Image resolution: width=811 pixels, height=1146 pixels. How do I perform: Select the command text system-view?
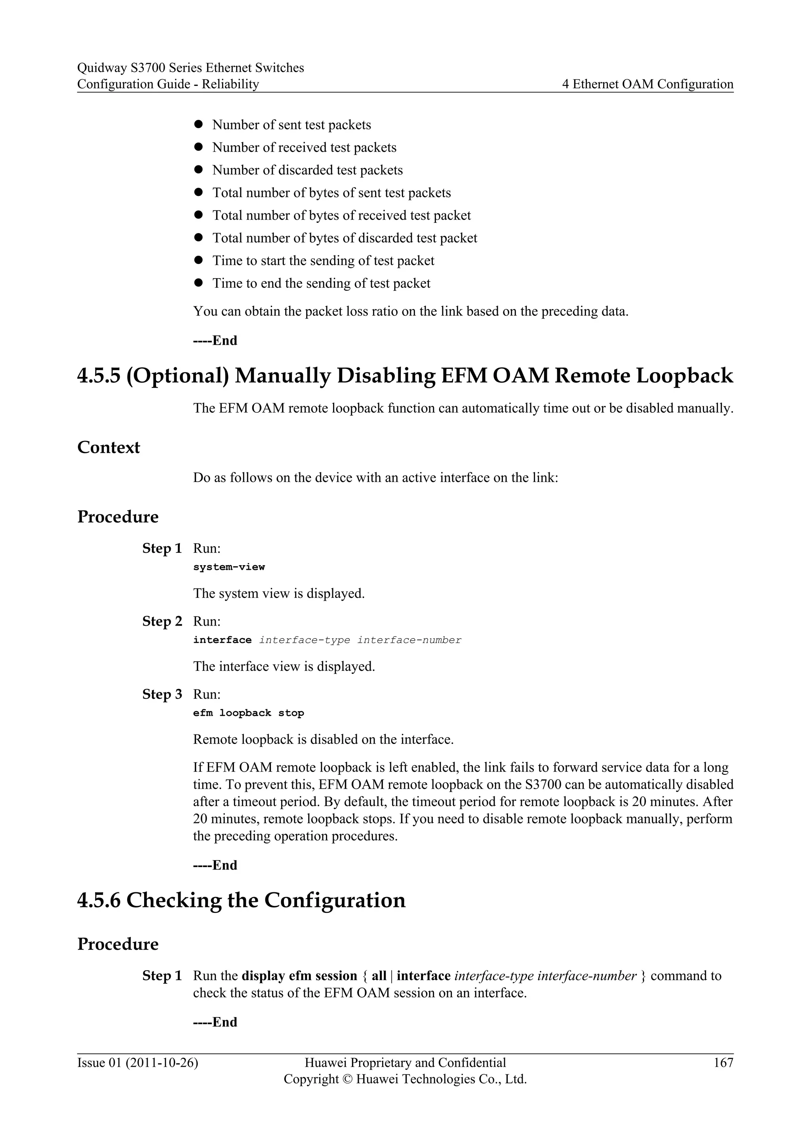click(229, 567)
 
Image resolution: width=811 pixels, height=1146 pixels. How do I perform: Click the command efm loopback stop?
click(248, 713)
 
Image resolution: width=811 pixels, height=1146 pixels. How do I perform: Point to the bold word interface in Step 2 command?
click(222, 640)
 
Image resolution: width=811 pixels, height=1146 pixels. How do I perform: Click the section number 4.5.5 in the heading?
click(99, 376)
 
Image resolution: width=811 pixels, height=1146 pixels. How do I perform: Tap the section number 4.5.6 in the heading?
click(99, 900)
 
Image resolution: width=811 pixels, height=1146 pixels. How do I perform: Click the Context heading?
click(109, 447)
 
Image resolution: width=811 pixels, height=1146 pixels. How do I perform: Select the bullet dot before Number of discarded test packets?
click(198, 170)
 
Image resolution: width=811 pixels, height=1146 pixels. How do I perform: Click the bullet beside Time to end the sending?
click(198, 283)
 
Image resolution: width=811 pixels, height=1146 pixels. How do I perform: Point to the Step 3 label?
click(162, 694)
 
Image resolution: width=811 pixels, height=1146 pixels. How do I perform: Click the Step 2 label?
click(162, 621)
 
